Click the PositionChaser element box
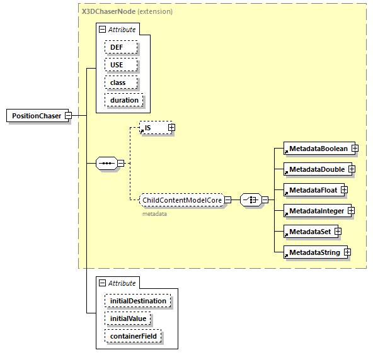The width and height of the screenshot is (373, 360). pyautogui.click(x=35, y=116)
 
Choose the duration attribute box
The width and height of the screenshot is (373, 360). pyautogui.click(x=124, y=100)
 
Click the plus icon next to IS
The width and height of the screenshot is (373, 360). pyautogui.click(x=171, y=128)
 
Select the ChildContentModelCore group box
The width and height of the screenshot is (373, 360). pyautogui.click(x=181, y=200)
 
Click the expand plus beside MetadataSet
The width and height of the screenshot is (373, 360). pyautogui.click(x=338, y=232)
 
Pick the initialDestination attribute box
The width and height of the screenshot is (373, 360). pyautogui.click(x=138, y=301)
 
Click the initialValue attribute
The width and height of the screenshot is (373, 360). pyautogui.click(x=128, y=318)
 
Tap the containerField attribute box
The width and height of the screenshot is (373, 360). pyautogui.click(x=133, y=337)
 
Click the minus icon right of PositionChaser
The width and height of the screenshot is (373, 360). pyautogui.click(x=68, y=116)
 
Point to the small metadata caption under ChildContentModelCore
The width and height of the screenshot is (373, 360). pyautogui.click(x=154, y=214)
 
